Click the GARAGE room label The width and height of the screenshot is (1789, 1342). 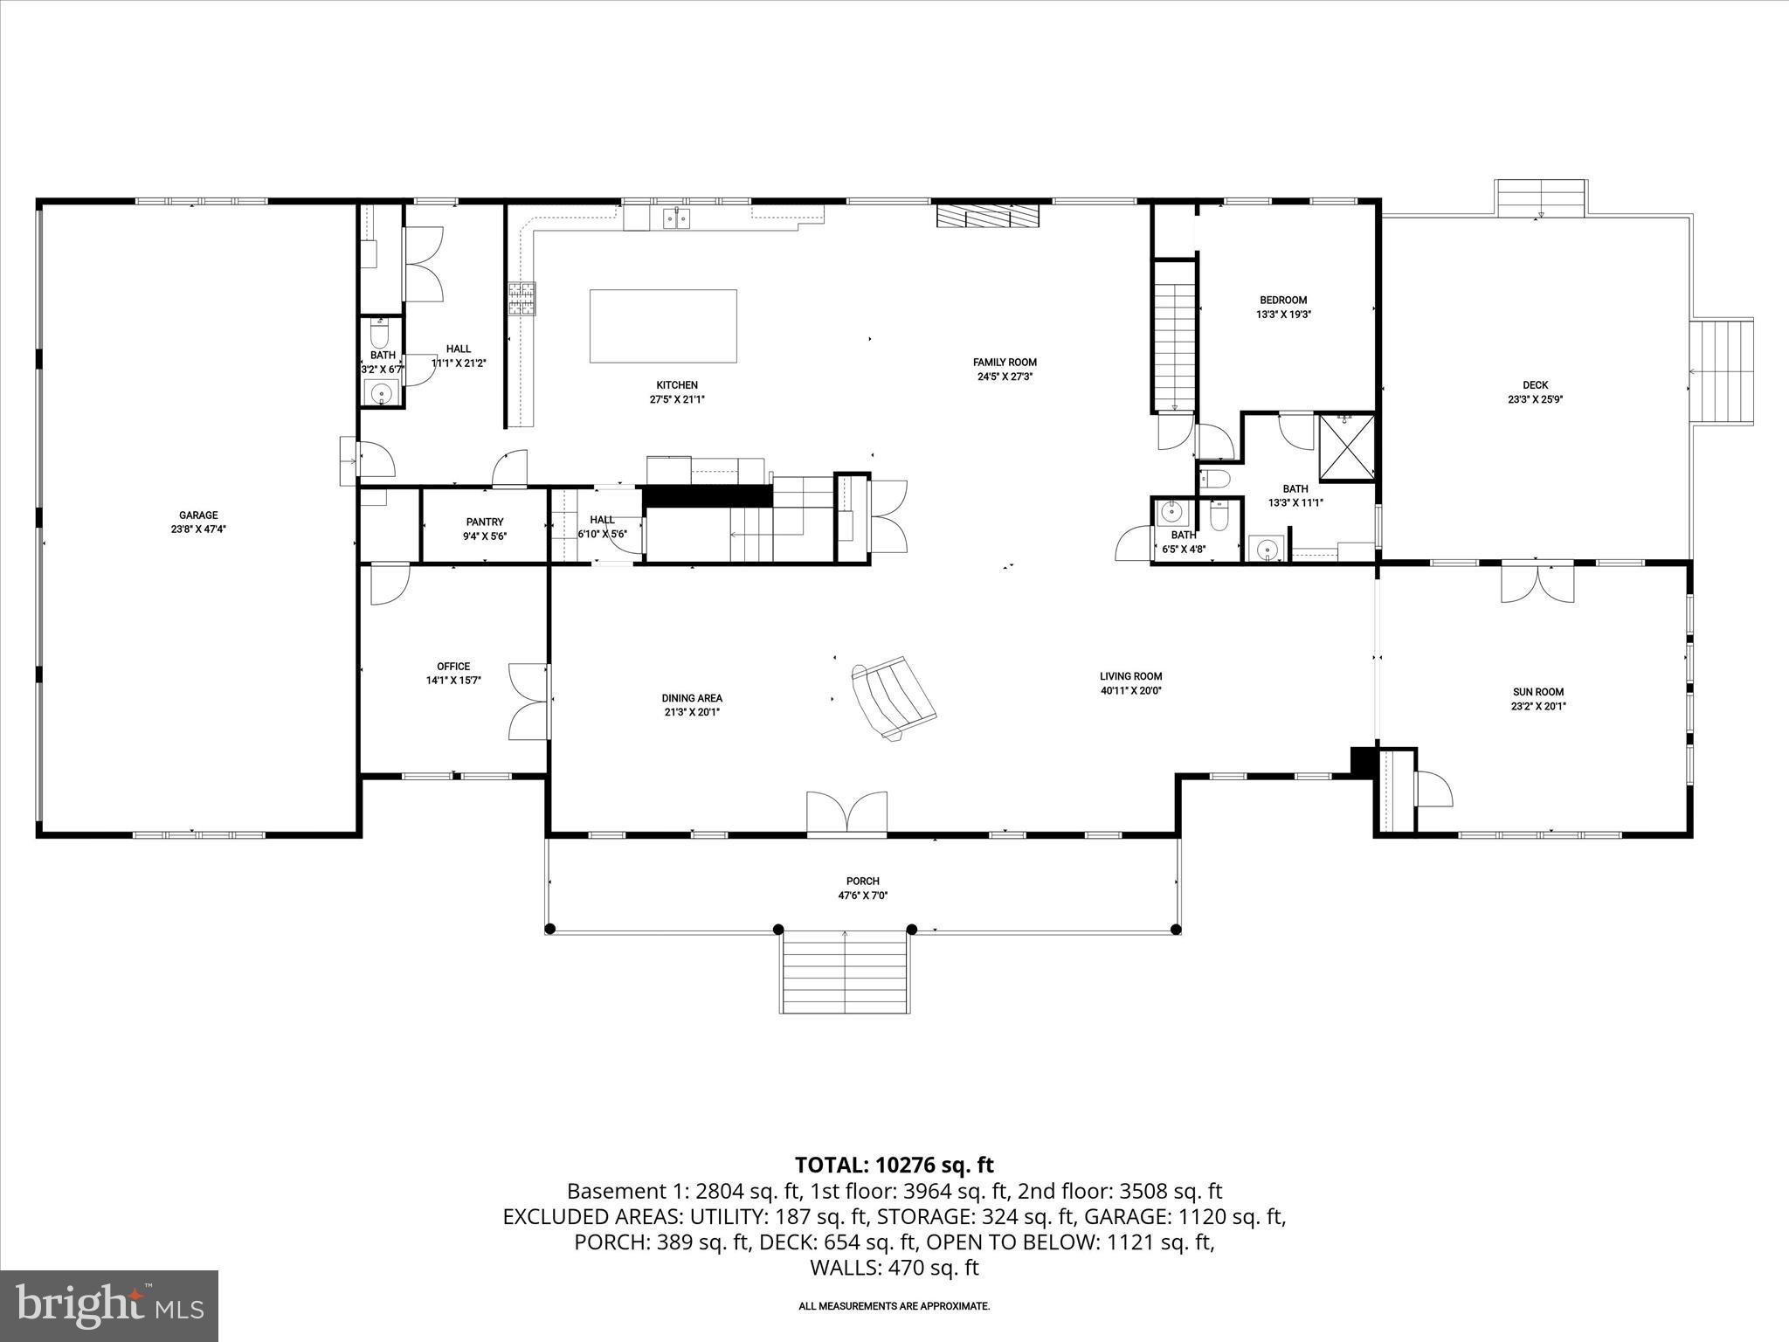pyautogui.click(x=198, y=515)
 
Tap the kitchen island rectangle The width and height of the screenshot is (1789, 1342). pyautogui.click(x=663, y=326)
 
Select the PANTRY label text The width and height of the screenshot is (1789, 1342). pyautogui.click(x=485, y=522)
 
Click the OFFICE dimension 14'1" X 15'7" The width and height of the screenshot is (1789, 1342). pyautogui.click(x=453, y=681)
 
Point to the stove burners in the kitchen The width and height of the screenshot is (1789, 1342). pyautogui.click(x=522, y=299)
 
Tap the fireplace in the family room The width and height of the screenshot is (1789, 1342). pyautogui.click(x=988, y=216)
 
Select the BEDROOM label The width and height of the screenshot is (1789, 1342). pyautogui.click(x=1283, y=301)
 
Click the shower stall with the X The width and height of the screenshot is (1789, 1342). pyautogui.click(x=1346, y=448)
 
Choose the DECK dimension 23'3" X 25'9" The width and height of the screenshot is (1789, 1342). pyautogui.click(x=1535, y=399)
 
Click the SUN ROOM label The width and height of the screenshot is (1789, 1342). pyautogui.click(x=1537, y=692)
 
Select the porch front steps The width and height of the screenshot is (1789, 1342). pyautogui.click(x=845, y=972)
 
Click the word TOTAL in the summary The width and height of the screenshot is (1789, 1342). pyautogui.click(x=828, y=1165)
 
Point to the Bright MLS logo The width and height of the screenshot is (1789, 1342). pyautogui.click(x=109, y=1306)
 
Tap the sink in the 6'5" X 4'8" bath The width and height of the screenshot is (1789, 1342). pyautogui.click(x=1169, y=510)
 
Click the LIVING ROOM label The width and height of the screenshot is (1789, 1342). pyautogui.click(x=1130, y=676)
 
